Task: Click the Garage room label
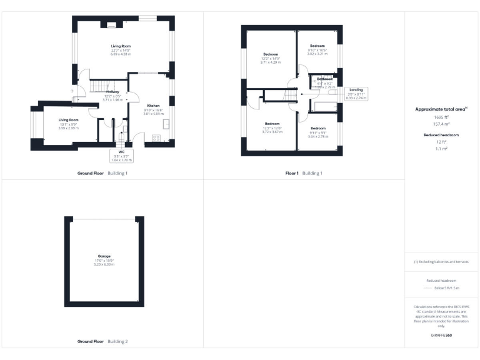(104, 259)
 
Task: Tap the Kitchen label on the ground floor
(153, 109)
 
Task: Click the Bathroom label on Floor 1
(325, 82)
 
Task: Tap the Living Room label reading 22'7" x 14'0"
(121, 50)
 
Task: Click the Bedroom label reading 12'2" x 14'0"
(271, 58)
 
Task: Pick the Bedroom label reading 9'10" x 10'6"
(317, 49)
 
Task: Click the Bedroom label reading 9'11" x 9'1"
(318, 132)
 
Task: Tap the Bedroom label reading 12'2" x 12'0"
(271, 127)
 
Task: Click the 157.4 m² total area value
(442, 124)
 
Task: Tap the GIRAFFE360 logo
(442, 336)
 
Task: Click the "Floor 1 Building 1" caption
(304, 172)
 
